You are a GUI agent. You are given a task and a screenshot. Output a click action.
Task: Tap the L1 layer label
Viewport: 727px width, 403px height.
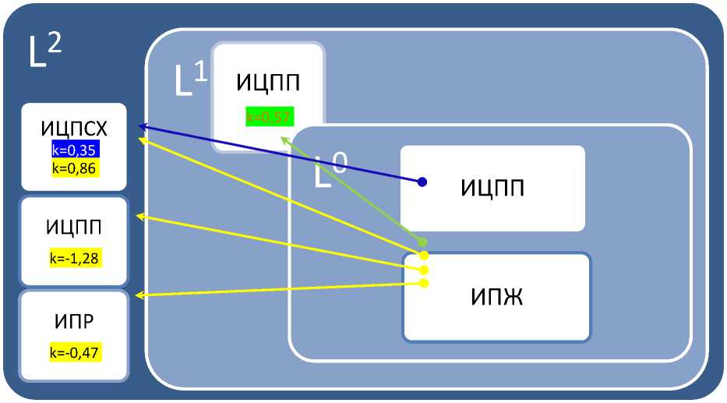[x=189, y=81]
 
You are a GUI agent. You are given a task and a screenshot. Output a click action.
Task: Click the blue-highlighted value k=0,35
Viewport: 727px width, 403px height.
[x=73, y=150]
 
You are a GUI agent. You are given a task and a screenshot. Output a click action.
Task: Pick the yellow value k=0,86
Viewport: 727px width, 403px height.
[x=73, y=167]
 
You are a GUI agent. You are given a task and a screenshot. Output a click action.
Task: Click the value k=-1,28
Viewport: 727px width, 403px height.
[x=73, y=259]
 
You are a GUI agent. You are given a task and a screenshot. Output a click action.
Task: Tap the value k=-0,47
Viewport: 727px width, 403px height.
[x=73, y=352]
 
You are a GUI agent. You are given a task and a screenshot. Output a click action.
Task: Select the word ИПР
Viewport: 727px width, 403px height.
[x=73, y=321]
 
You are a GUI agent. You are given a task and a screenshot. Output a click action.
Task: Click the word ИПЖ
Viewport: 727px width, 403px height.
[x=496, y=297]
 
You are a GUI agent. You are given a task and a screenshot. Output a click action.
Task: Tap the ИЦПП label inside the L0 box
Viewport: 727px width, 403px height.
[x=492, y=188]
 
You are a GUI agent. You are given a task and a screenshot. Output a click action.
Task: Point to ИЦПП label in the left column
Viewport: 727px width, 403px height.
[x=73, y=228]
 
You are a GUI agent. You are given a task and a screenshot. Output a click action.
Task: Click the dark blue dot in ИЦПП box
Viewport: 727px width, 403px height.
[x=422, y=182]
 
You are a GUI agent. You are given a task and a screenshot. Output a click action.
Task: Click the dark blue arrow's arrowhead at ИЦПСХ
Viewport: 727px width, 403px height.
[x=143, y=125]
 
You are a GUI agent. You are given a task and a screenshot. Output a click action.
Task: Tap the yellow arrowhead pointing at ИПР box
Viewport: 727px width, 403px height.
[x=141, y=295]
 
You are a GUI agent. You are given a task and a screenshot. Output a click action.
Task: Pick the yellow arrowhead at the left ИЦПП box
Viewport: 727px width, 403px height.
[x=141, y=216]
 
